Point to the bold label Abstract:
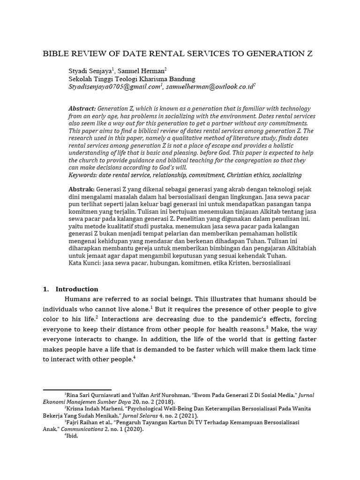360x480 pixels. [82, 108]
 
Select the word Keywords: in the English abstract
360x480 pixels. [84, 175]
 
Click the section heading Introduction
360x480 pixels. [77, 289]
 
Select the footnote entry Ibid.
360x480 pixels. [72, 435]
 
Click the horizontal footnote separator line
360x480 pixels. [77, 389]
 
